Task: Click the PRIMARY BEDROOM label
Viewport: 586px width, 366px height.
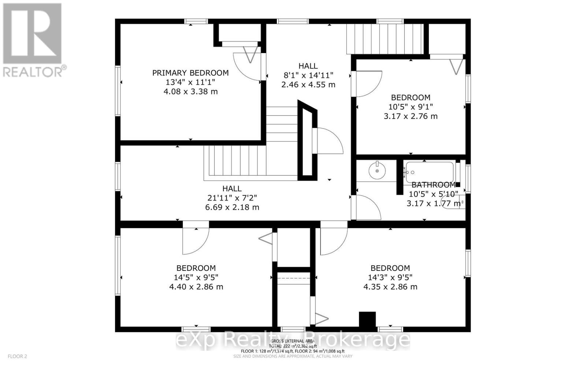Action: pyautogui.click(x=190, y=73)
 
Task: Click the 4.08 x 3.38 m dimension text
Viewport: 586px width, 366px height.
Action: pyautogui.click(x=190, y=91)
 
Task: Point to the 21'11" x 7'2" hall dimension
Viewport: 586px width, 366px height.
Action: pyautogui.click(x=232, y=198)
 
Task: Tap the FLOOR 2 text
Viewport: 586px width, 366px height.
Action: pyautogui.click(x=17, y=356)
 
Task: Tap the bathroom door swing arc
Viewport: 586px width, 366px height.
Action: pyautogui.click(x=368, y=208)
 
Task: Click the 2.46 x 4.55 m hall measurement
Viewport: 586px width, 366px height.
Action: pyautogui.click(x=308, y=85)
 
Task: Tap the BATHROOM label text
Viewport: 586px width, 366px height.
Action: pyautogui.click(x=433, y=185)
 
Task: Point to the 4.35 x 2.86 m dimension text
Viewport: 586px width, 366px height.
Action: pyautogui.click(x=390, y=287)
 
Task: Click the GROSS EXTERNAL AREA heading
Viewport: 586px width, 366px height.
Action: pyautogui.click(x=293, y=341)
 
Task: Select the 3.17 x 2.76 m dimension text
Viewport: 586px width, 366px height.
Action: pyautogui.click(x=410, y=116)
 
